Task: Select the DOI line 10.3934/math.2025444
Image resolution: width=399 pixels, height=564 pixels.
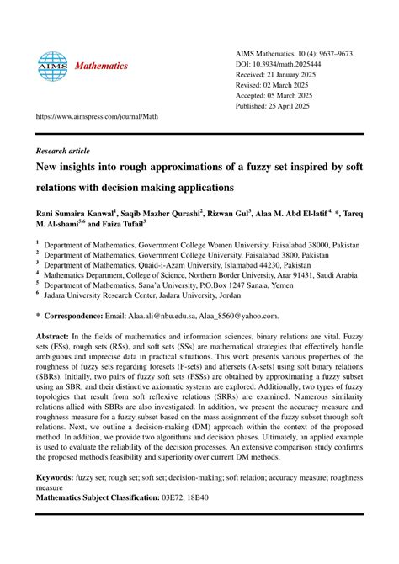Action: (290, 64)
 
